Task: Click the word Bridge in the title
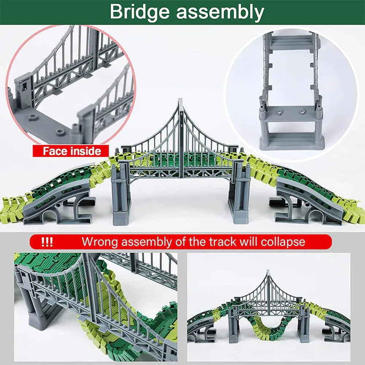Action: (139, 12)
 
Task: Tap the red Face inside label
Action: (71, 151)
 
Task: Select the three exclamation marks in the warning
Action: (47, 242)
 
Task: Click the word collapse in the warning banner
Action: (283, 242)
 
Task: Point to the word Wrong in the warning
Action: (100, 242)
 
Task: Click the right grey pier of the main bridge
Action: (239, 193)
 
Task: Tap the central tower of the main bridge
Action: (181, 137)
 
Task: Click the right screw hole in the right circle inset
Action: (302, 111)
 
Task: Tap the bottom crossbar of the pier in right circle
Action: (292, 141)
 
